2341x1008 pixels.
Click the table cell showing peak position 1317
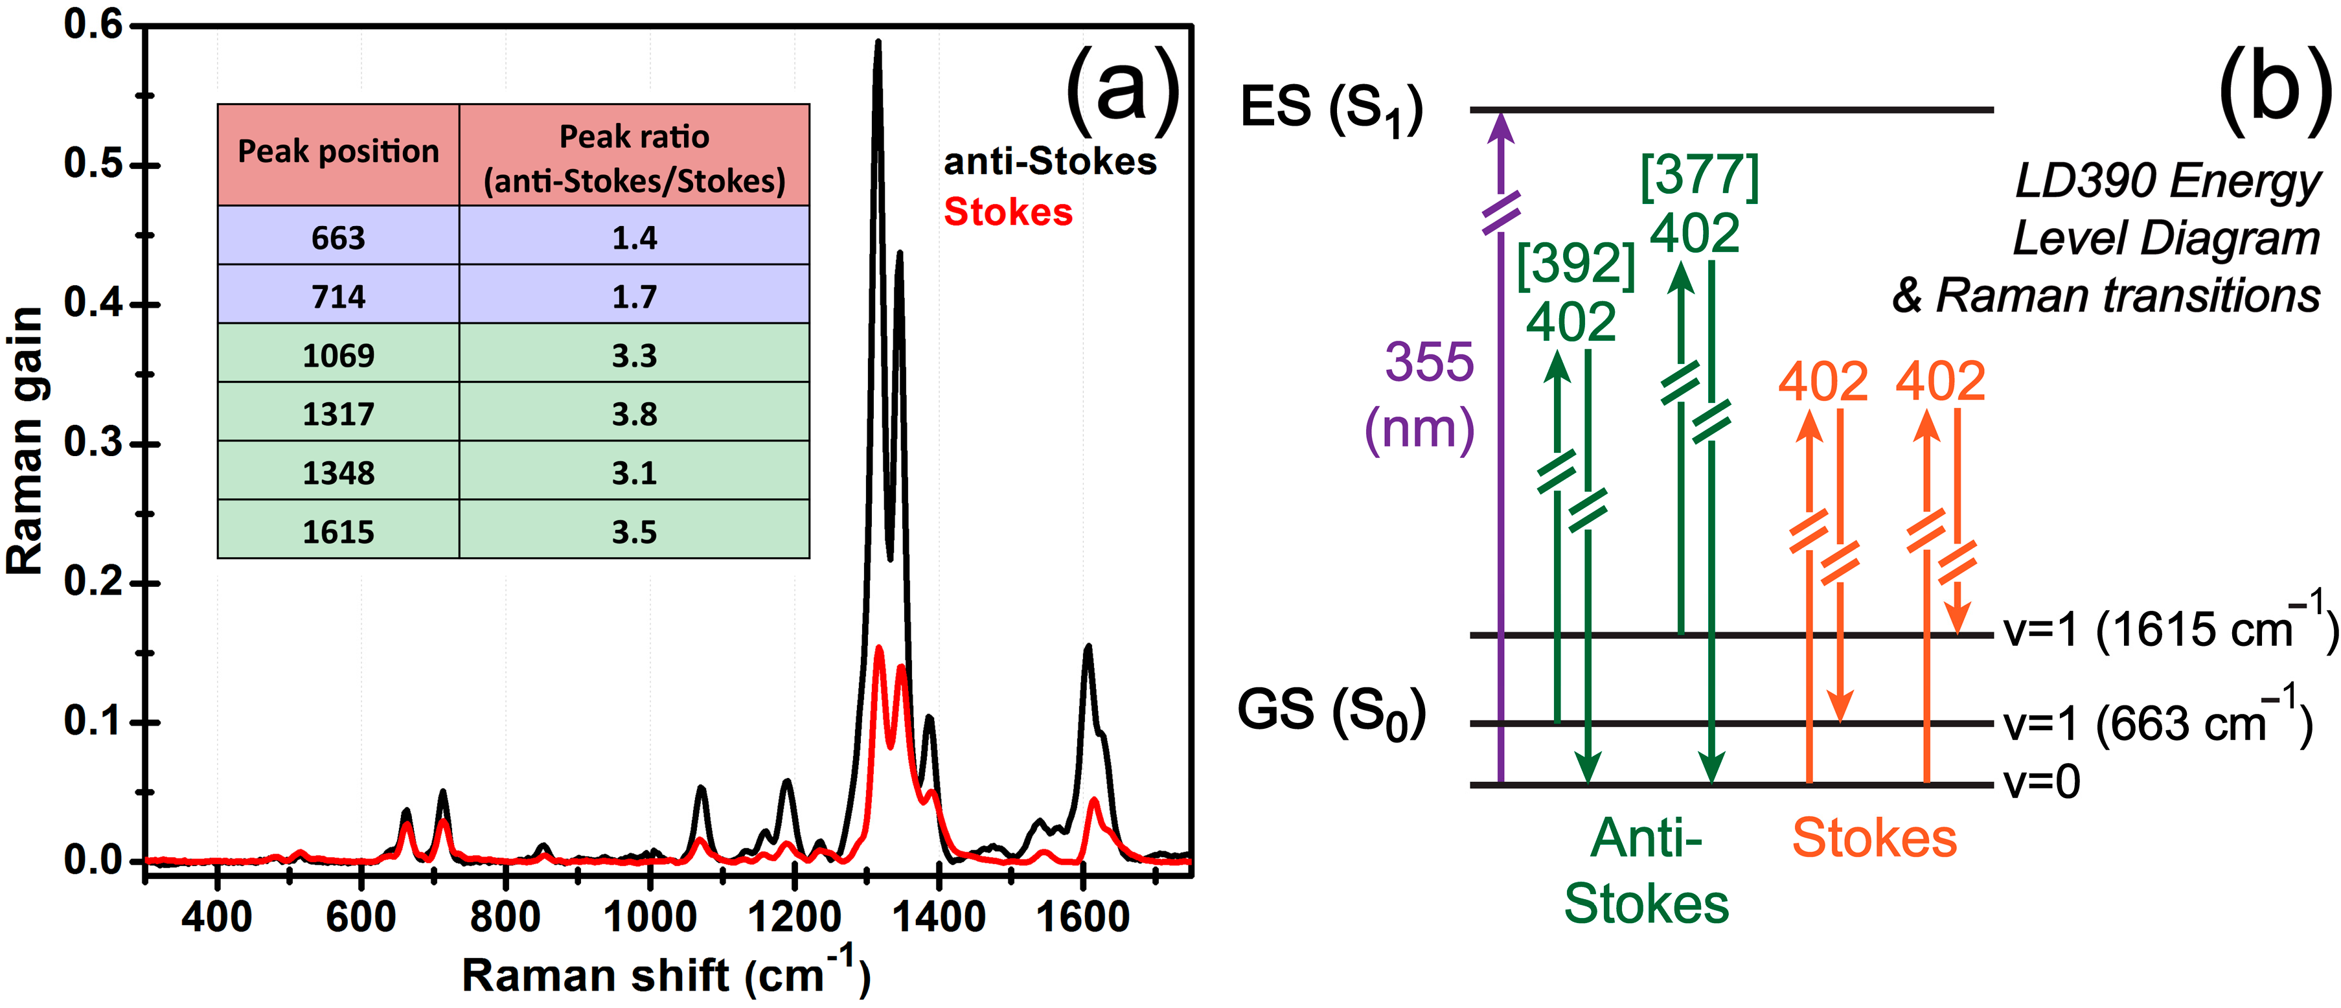coord(338,413)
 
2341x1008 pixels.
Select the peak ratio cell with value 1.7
coord(634,296)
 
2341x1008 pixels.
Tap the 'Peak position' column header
coord(338,152)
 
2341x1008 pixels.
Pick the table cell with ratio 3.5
coord(634,532)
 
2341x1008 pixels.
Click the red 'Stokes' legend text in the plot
coord(1008,212)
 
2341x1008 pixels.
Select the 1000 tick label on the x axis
coord(649,916)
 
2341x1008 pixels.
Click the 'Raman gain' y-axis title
coord(25,441)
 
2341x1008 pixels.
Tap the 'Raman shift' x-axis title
coord(665,975)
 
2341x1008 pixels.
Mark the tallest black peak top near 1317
coord(878,43)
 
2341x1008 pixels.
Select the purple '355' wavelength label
coord(1428,361)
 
